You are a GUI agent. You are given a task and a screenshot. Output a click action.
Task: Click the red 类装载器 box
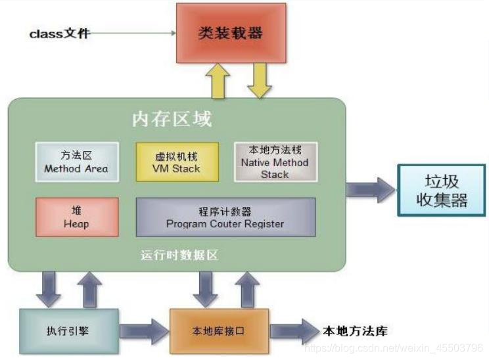(230, 33)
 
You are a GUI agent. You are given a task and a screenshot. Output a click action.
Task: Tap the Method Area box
(76, 162)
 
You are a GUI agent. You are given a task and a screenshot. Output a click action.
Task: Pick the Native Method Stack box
(275, 162)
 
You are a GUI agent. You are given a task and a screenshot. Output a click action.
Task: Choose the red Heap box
(76, 217)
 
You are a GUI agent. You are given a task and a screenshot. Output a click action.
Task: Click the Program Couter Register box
(225, 217)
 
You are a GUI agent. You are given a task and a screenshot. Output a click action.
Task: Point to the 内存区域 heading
(172, 120)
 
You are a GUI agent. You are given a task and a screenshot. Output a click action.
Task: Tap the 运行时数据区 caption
(179, 256)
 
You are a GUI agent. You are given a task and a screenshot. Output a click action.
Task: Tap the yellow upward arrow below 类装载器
(218, 81)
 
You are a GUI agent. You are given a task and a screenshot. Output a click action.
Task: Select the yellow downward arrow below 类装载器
(258, 81)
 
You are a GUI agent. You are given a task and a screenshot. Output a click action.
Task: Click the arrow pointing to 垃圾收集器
(371, 191)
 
